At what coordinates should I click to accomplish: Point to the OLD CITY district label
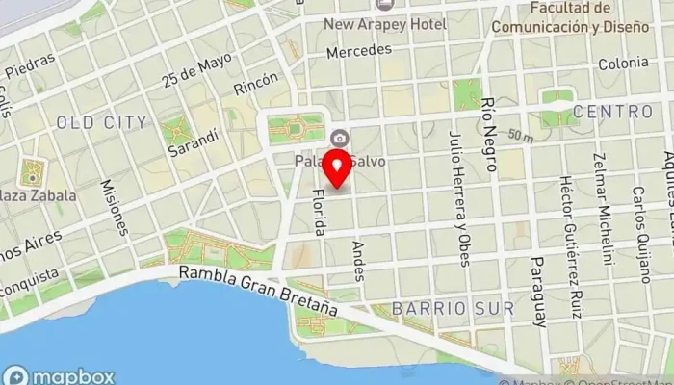click(102, 122)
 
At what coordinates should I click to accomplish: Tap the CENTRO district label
click(613, 113)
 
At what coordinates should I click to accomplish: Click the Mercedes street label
click(359, 50)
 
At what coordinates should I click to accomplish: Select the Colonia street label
click(623, 64)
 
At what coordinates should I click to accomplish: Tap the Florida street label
click(319, 213)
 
